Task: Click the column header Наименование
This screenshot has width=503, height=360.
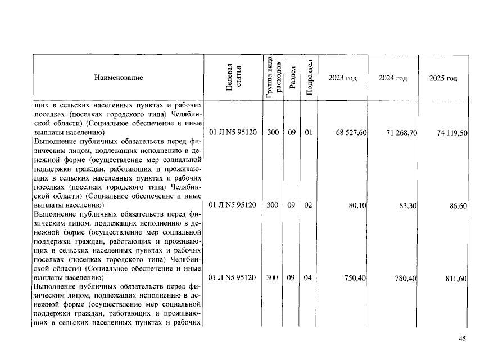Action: click(119, 78)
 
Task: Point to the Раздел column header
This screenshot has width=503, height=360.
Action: click(292, 78)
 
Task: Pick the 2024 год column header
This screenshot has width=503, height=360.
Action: click(393, 78)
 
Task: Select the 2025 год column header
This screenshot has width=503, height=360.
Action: click(443, 78)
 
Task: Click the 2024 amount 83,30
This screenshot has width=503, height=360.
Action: click(407, 206)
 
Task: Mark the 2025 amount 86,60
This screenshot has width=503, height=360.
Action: click(458, 206)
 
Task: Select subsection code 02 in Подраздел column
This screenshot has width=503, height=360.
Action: click(308, 205)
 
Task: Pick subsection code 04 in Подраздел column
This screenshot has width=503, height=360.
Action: click(308, 277)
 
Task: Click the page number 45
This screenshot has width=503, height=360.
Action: click(463, 339)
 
